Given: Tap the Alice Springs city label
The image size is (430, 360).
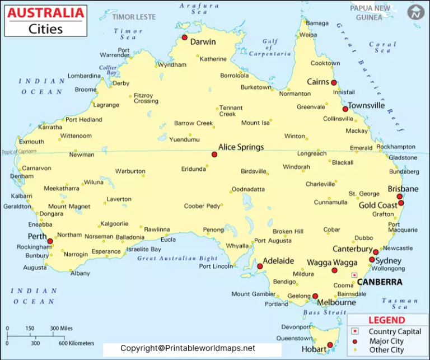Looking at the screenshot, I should [x=241, y=147].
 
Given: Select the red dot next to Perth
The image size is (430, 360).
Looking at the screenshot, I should [x=50, y=241].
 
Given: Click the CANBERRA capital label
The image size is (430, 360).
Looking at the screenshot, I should [x=380, y=282].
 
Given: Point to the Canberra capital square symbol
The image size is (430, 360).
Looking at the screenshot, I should [x=354, y=275].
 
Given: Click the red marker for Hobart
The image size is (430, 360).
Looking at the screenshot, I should [x=330, y=345].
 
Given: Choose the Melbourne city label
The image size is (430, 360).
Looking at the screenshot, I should [x=336, y=302].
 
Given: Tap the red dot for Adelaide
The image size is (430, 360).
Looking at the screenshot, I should [x=260, y=267].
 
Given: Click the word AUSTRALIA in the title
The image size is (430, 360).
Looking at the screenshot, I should [x=46, y=12].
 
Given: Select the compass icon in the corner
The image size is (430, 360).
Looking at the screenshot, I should [x=415, y=12].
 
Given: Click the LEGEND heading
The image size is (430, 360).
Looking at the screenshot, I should [x=386, y=320].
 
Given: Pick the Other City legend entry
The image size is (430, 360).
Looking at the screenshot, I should [x=386, y=350].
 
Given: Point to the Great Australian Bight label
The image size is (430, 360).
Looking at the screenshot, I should [x=177, y=259].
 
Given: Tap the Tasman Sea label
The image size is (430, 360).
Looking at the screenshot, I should [x=400, y=303].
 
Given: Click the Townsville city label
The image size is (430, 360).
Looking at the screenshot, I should [x=366, y=105].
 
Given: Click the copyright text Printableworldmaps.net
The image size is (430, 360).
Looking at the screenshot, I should [x=188, y=348].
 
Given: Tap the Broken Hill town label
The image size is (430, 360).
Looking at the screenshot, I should [x=288, y=231].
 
